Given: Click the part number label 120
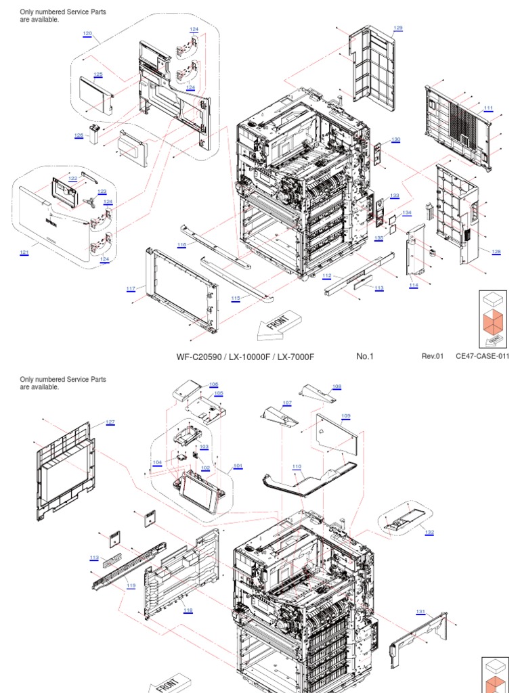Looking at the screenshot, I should [87, 33].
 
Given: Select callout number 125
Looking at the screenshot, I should [98, 74].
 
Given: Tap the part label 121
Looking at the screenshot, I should [24, 252].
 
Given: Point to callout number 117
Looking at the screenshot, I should [131, 289].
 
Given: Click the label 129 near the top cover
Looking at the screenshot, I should [398, 28].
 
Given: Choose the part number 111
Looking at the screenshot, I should [488, 108].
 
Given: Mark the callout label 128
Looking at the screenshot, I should [496, 252].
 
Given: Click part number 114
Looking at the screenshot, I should [414, 286].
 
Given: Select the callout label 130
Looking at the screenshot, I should [395, 139].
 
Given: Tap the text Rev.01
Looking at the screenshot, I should [432, 357].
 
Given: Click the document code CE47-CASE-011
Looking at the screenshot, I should [482, 357].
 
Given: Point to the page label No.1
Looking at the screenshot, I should [365, 357].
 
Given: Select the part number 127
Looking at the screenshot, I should [110, 422].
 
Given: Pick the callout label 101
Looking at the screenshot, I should [238, 466].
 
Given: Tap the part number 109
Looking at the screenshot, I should [346, 415].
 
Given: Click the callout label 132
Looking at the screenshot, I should [429, 532].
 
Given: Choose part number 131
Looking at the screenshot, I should [420, 612].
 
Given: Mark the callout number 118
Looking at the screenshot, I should [188, 610].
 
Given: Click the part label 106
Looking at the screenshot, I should [213, 384].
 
